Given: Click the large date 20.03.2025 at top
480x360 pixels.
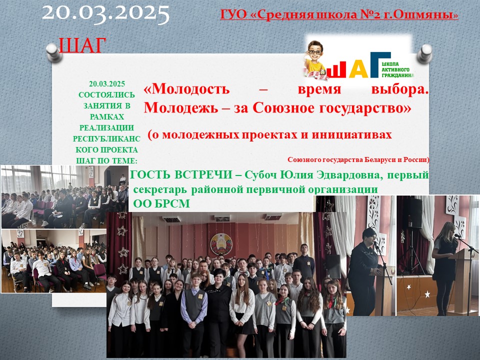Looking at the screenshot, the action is (x=106, y=13).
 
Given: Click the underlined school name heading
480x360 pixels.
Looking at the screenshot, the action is (x=339, y=14).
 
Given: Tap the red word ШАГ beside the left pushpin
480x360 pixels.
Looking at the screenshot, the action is (x=82, y=45).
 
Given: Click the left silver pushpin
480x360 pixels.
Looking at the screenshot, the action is (x=54, y=52).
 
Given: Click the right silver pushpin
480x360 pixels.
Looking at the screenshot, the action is (x=425, y=53).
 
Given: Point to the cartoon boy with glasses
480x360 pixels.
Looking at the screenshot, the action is (x=315, y=59).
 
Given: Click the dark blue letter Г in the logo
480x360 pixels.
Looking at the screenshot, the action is (x=380, y=65).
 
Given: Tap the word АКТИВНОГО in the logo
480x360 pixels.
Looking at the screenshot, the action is (x=395, y=70).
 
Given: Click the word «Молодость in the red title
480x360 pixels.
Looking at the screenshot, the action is (x=186, y=89).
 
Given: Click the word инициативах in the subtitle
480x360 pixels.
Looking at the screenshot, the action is (x=351, y=134).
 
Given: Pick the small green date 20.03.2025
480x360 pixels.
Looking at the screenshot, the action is (x=107, y=84).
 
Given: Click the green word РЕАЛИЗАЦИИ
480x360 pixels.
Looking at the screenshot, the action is (x=106, y=127).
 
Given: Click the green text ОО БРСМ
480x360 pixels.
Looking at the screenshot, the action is (x=161, y=203).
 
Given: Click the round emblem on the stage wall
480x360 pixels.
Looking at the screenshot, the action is (x=221, y=244).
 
